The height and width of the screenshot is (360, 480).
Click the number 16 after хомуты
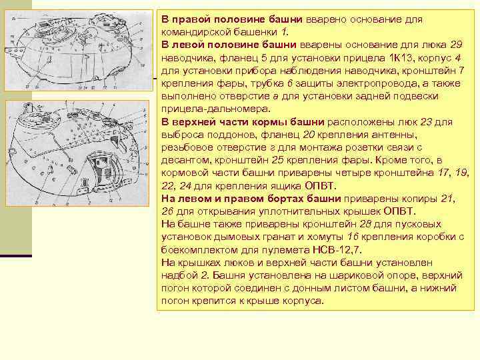[355, 237]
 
